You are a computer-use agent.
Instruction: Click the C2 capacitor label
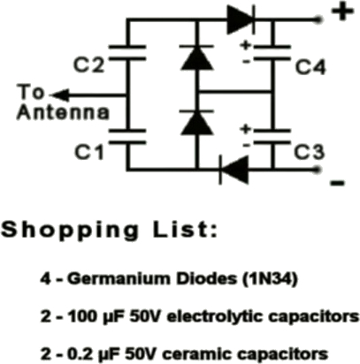click(x=88, y=65)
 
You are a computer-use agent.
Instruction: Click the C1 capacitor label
click(x=89, y=152)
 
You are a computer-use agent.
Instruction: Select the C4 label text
click(x=310, y=67)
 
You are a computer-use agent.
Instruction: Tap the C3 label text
click(x=310, y=152)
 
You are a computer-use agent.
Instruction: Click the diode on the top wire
click(x=241, y=19)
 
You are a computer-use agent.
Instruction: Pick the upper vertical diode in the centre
click(x=197, y=57)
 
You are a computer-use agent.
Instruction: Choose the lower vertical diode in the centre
click(x=197, y=123)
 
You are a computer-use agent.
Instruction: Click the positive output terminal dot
click(x=318, y=19)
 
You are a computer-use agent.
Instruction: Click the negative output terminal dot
click(x=318, y=170)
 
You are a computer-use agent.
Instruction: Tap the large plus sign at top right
click(x=342, y=11)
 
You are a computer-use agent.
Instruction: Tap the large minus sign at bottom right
click(x=338, y=183)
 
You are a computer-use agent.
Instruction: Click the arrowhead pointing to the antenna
click(x=60, y=95)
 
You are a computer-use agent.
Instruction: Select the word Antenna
click(x=63, y=112)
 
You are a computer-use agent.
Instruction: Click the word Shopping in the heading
click(x=70, y=231)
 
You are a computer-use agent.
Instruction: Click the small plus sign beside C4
click(x=246, y=45)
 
